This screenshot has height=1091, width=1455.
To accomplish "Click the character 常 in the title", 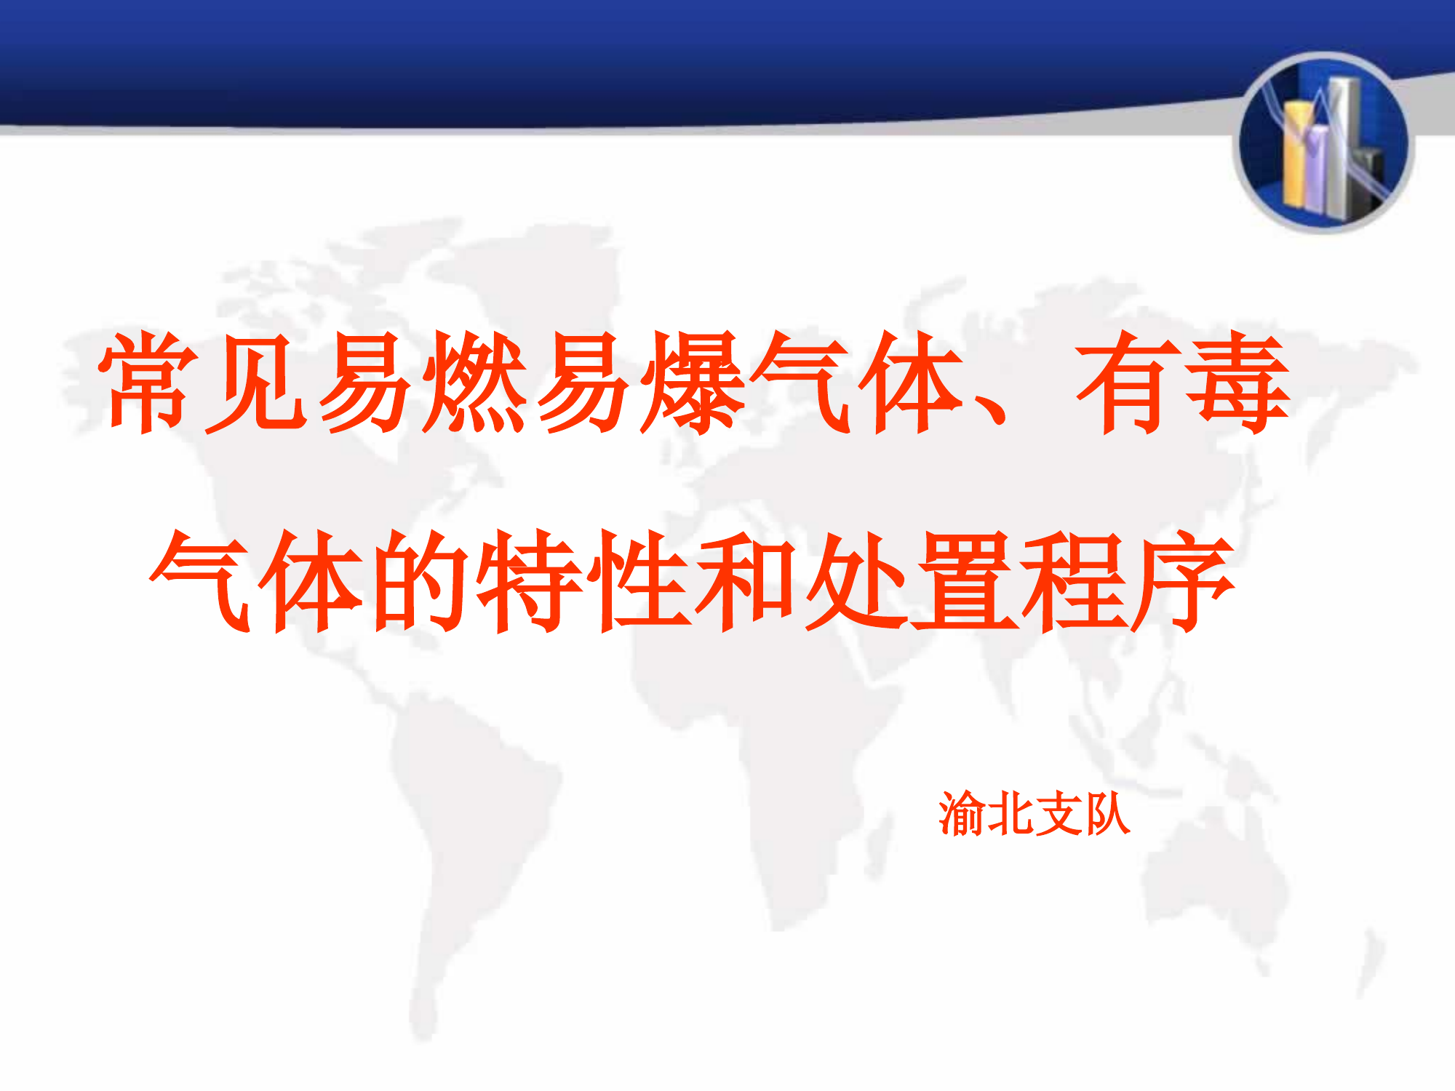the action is pyautogui.click(x=149, y=381).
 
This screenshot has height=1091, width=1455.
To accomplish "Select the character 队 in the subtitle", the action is pyautogui.click(x=1107, y=814).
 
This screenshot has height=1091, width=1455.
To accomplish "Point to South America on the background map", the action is pyautogui.click(x=466, y=836).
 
